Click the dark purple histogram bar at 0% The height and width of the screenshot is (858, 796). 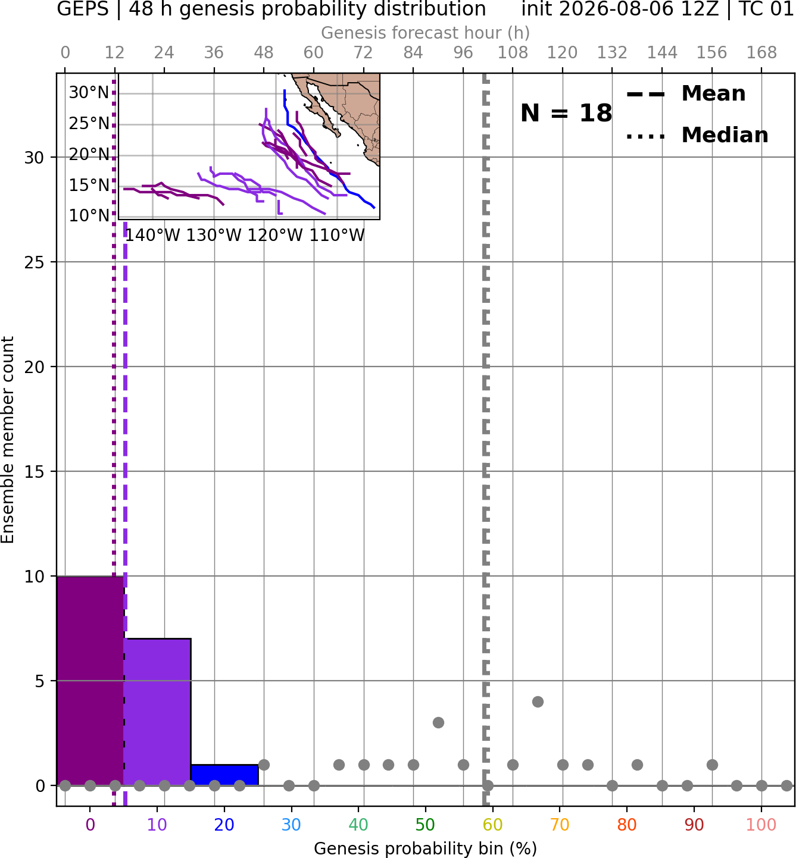pyautogui.click(x=90, y=681)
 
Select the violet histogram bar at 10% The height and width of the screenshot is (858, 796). pyautogui.click(x=157, y=712)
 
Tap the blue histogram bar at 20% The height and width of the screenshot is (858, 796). pyautogui.click(x=224, y=775)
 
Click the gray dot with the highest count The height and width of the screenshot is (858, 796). pyautogui.click(x=538, y=702)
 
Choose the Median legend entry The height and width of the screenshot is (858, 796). pyautogui.click(x=697, y=135)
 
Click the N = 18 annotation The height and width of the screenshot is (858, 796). pyautogui.click(x=566, y=113)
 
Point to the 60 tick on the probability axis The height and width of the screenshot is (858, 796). pyautogui.click(x=492, y=825)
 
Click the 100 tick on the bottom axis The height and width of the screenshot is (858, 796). pyautogui.click(x=761, y=825)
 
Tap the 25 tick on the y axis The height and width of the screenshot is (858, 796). pyautogui.click(x=35, y=262)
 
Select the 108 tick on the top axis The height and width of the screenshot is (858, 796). pyautogui.click(x=513, y=53)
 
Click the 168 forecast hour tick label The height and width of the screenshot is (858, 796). pyautogui.click(x=761, y=53)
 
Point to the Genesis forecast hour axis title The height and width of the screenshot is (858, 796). pyautogui.click(x=426, y=33)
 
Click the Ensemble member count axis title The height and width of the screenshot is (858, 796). pyautogui.click(x=8, y=440)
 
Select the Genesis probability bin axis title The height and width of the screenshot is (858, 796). pyautogui.click(x=426, y=848)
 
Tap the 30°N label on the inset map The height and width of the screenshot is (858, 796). pyautogui.click(x=89, y=92)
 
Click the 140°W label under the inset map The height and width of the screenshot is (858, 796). pyautogui.click(x=152, y=235)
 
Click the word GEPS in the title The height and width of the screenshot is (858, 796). pyautogui.click(x=83, y=9)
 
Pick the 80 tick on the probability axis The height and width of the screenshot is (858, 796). pyautogui.click(x=627, y=825)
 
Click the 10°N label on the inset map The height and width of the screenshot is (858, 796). pyautogui.click(x=89, y=215)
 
